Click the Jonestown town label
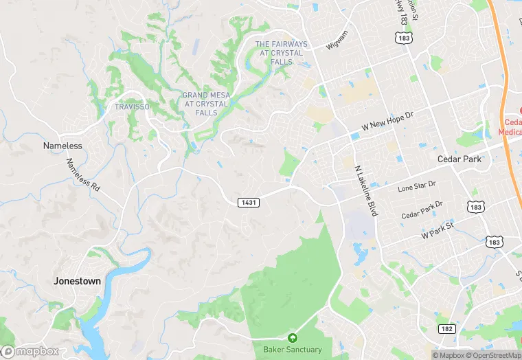point(78,281)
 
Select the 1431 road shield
point(249,202)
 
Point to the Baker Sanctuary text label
point(293,350)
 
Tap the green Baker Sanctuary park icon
point(293,338)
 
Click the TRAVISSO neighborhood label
point(131,107)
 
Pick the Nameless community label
point(63,146)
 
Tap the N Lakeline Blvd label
point(365,190)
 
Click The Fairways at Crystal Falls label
point(282,53)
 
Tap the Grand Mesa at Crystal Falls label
point(206,104)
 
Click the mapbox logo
point(30,351)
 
